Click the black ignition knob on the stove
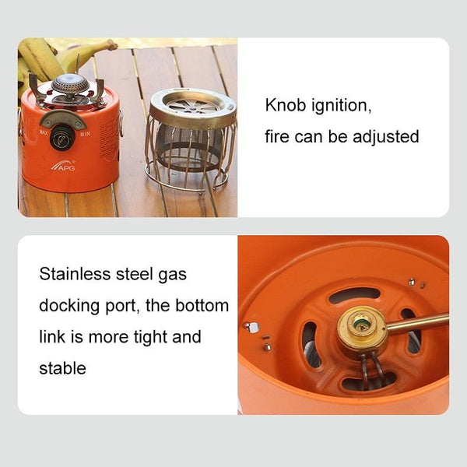62,138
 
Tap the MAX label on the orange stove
44,132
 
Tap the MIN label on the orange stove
85,134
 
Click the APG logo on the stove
64,166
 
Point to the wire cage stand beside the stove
190,139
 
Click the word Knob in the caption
286,105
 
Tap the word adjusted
386,137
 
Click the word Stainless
75,274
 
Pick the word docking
69,306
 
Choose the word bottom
202,305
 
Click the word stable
62,368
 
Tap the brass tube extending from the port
417,323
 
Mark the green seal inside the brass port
361,322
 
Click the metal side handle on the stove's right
121,123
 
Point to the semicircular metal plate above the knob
63,118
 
